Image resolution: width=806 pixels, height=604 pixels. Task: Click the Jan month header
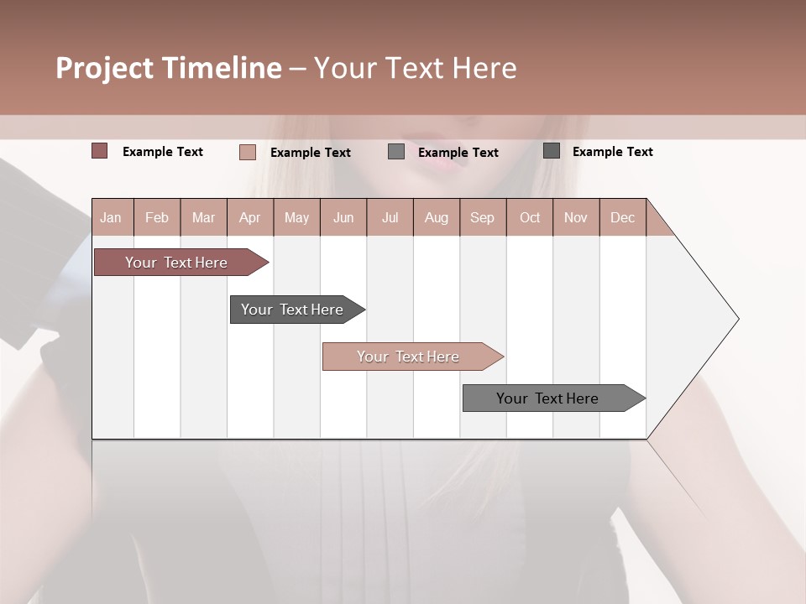pyautogui.click(x=112, y=217)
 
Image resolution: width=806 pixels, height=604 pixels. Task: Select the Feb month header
pyautogui.click(x=157, y=217)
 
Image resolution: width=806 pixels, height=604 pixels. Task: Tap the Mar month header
pyautogui.click(x=203, y=217)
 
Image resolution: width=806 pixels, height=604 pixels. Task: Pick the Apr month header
pyautogui.click(x=250, y=217)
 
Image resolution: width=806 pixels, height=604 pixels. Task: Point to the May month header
pyautogui.click(x=296, y=217)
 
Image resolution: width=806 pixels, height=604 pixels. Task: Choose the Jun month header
pyautogui.click(x=343, y=217)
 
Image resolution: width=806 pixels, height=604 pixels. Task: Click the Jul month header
pyautogui.click(x=390, y=217)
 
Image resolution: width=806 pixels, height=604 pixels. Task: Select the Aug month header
pyautogui.click(x=437, y=217)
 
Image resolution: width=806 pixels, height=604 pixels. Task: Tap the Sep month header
pyautogui.click(x=483, y=217)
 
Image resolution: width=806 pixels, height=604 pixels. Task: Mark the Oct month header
pyautogui.click(x=530, y=217)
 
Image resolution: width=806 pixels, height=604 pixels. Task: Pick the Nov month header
pyautogui.click(x=576, y=217)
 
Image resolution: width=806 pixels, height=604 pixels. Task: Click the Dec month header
pyautogui.click(x=623, y=217)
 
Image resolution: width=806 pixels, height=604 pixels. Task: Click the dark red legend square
pyautogui.click(x=100, y=151)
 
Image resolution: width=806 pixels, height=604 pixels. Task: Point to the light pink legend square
pyautogui.click(x=248, y=152)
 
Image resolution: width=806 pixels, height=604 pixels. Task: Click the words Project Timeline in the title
pyautogui.click(x=169, y=68)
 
